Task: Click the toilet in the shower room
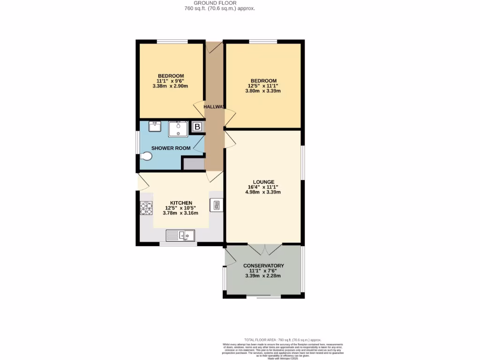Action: (x=146, y=157)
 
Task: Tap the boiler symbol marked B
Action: (x=197, y=127)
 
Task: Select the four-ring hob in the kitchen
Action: (x=146, y=208)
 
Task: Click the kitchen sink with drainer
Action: (x=180, y=235)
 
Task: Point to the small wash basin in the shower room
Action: (x=155, y=127)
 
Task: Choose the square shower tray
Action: (x=178, y=128)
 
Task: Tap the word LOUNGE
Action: (x=263, y=182)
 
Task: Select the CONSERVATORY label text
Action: (x=263, y=266)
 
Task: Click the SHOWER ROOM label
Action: (x=171, y=148)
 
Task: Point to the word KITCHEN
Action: (x=181, y=202)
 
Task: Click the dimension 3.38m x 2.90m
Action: (x=171, y=86)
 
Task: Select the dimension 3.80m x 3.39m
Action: (x=263, y=91)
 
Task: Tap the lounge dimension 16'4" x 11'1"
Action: (x=263, y=187)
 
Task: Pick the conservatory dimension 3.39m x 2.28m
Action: (x=263, y=276)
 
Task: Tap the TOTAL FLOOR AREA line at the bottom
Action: (x=283, y=340)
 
